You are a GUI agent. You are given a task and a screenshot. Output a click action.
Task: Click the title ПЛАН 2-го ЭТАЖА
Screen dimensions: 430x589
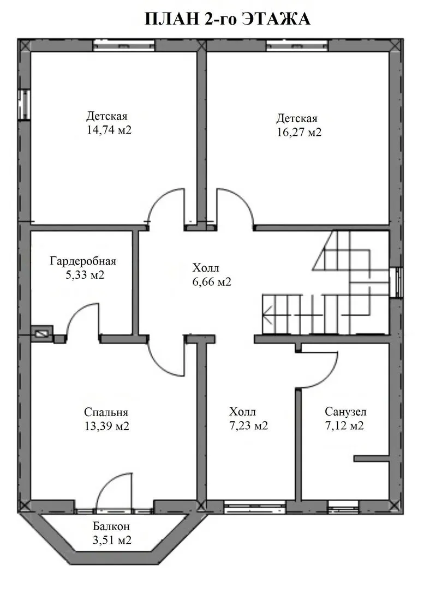228,19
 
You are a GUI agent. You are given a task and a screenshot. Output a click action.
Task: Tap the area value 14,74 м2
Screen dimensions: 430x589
109,130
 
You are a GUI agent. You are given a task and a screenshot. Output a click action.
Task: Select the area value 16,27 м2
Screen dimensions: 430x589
299,133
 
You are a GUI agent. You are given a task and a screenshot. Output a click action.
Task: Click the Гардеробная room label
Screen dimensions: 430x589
83,261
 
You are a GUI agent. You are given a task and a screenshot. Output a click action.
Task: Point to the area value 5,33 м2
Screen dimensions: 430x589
85,274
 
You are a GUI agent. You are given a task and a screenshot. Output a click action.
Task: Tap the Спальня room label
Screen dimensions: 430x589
106,412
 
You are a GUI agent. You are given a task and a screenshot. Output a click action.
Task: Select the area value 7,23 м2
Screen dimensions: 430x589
248,425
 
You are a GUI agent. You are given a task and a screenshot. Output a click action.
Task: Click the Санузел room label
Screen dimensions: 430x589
345,412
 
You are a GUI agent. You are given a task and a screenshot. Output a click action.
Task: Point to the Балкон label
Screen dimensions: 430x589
112,527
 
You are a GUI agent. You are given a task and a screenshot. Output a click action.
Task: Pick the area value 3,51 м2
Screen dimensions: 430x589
112,540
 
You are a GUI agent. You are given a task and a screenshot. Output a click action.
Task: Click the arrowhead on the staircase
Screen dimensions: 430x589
267,315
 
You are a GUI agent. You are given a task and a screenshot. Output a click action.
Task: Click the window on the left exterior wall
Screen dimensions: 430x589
25,105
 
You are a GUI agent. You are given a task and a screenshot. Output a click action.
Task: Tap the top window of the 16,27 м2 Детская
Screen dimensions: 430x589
297,45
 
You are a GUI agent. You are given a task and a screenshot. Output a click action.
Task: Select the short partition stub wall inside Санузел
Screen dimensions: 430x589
371,458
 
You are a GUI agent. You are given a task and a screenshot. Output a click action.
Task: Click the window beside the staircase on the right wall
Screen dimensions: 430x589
396,283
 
